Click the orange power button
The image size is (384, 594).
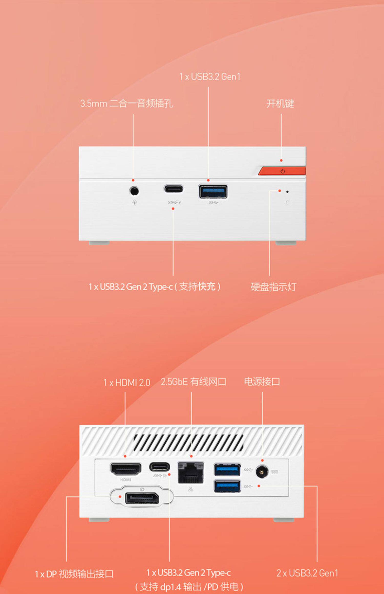tap(282, 171)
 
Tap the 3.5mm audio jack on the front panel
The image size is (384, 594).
tap(134, 191)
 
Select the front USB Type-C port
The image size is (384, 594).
tap(174, 189)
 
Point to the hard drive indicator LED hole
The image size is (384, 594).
tap(287, 192)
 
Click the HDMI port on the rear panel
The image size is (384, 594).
tap(125, 469)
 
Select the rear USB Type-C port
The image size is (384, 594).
tap(159, 467)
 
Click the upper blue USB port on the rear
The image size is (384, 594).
tap(227, 470)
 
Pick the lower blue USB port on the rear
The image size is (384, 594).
tap(227, 486)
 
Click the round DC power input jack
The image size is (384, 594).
tap(262, 471)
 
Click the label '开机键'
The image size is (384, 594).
tap(280, 104)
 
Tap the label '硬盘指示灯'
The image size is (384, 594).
tap(273, 287)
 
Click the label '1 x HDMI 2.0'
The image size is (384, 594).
tap(126, 382)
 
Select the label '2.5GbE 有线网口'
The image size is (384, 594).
tap(193, 382)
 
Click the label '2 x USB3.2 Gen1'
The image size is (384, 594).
tap(307, 573)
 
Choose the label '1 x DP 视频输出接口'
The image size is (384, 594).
tap(74, 574)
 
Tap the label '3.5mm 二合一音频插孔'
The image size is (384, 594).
tap(126, 104)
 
